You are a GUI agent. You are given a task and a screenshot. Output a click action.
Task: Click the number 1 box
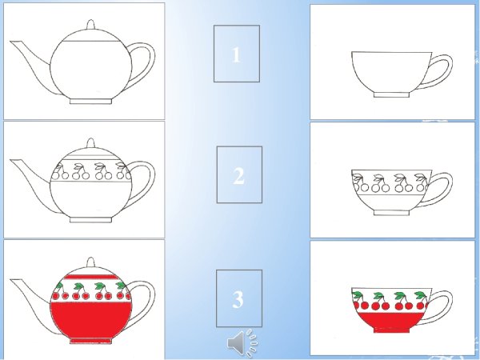pyautogui.click(x=237, y=54)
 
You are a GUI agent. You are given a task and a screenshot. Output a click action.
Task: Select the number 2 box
pyautogui.click(x=239, y=174)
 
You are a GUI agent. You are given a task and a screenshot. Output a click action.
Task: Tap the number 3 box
pyautogui.click(x=239, y=298)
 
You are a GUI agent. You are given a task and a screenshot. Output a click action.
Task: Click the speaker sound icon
pyautogui.click(x=242, y=343)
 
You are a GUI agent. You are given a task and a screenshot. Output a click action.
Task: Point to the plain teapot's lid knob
pyautogui.click(x=90, y=25)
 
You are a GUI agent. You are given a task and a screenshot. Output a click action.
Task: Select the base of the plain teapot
pyautogui.click(x=90, y=102)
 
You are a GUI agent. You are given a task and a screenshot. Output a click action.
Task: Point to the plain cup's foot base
pyautogui.click(x=391, y=95)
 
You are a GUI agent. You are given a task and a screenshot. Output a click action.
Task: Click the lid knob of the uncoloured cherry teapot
pyautogui.click(x=90, y=143)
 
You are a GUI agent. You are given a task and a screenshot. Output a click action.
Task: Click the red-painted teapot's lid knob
pyautogui.click(x=90, y=262)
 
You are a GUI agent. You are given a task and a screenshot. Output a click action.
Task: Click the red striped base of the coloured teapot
pyautogui.click(x=90, y=341)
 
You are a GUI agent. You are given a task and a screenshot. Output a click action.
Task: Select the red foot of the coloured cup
pyautogui.click(x=391, y=330)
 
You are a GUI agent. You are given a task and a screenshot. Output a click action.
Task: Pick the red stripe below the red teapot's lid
pyautogui.click(x=90, y=277)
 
